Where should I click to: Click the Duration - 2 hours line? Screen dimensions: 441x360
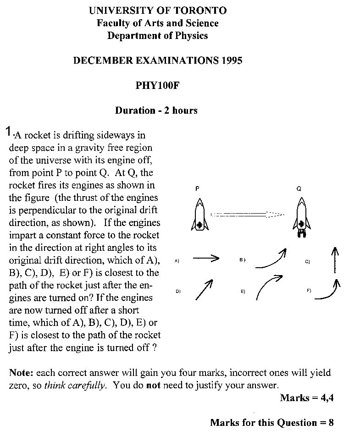(x=156, y=110)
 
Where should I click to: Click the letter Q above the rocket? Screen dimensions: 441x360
(x=299, y=188)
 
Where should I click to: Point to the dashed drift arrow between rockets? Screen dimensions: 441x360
(x=248, y=214)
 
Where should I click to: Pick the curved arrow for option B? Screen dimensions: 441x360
(x=271, y=259)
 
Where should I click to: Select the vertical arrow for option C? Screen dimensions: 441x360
(x=335, y=259)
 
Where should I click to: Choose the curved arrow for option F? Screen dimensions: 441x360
(x=328, y=291)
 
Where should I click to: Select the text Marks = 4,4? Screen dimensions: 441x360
(x=306, y=397)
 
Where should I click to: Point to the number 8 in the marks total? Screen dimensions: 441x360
(x=331, y=423)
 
